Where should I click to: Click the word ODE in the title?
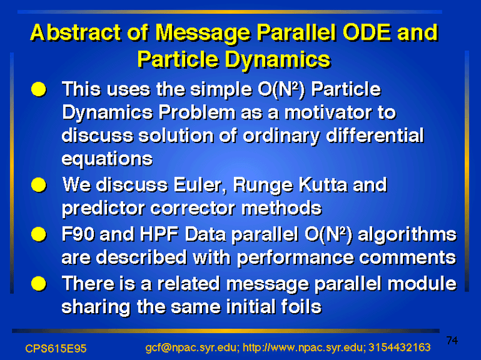pos(368,32)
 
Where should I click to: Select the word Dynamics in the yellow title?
pos(278,59)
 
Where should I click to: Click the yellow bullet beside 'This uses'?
pos(38,90)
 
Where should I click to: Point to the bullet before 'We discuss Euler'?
pos(38,185)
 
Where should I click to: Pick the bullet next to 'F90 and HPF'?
pos(38,234)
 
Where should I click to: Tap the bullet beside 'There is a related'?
pos(38,283)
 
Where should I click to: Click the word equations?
pos(107,159)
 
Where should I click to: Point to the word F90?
pos(78,234)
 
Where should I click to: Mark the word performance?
pos(295,258)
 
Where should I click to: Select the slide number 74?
pos(452,340)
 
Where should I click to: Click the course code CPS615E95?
pos(56,349)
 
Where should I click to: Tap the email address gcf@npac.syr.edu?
pos(192,348)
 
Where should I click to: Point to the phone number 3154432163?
pos(399,347)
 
